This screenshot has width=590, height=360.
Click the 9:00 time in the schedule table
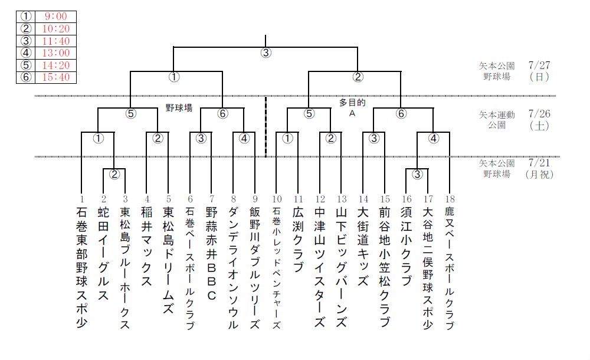click(x=55, y=16)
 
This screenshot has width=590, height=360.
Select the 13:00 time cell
click(x=55, y=53)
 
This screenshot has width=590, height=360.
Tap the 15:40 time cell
click(x=55, y=77)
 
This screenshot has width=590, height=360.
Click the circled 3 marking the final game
click(x=265, y=53)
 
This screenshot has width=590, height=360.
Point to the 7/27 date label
click(x=539, y=65)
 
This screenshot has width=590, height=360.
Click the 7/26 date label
click(x=539, y=114)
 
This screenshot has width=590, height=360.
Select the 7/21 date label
click(x=539, y=163)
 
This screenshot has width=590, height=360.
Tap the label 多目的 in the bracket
click(x=352, y=103)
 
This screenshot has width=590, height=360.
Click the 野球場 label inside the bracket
click(x=179, y=108)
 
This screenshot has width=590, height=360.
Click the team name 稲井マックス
click(x=147, y=246)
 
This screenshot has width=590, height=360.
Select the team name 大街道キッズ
click(x=363, y=246)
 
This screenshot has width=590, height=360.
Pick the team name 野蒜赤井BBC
click(x=211, y=253)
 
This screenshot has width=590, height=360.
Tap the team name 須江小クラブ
click(x=406, y=246)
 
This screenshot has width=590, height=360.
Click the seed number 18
click(x=450, y=199)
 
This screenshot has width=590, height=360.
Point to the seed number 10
click(x=277, y=199)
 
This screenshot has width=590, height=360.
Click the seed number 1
click(x=81, y=199)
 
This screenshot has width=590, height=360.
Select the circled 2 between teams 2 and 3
click(x=114, y=174)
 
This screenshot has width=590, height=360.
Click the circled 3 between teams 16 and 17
click(x=417, y=174)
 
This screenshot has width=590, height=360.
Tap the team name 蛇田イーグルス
click(x=103, y=253)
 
